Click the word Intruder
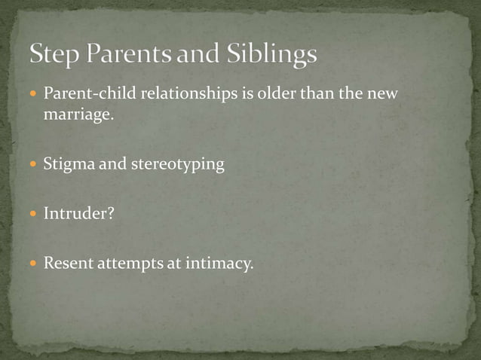[x=74, y=214]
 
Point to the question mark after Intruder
[x=110, y=214]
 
